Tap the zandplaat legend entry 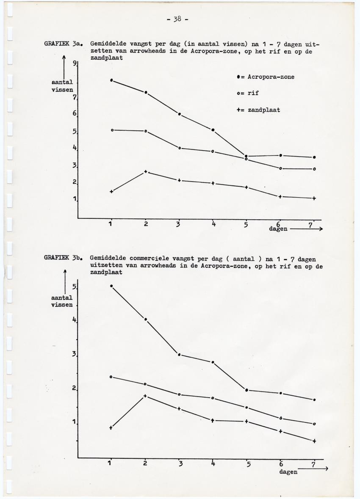(258, 110)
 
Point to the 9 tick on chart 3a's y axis (74, 63)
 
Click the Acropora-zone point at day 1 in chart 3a (111, 80)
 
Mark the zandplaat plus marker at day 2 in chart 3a (146, 171)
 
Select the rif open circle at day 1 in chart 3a (112, 130)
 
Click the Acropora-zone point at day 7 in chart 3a (314, 157)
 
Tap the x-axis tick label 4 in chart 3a (213, 224)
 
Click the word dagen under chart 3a (278, 229)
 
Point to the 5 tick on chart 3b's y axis (74, 287)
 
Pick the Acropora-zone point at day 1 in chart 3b (111, 286)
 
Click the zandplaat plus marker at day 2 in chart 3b (145, 396)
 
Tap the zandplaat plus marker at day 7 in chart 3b (314, 441)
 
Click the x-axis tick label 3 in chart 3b (180, 464)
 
